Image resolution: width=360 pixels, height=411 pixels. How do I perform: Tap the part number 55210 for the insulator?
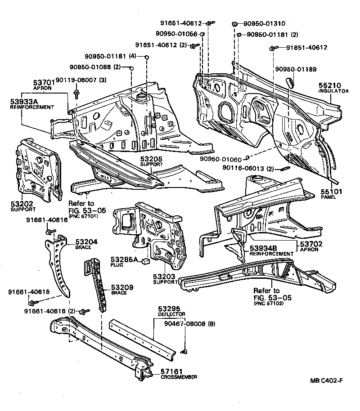(330, 85)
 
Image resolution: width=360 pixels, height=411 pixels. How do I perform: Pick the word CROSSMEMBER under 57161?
(179, 377)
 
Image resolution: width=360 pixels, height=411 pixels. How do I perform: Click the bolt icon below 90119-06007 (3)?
(76, 93)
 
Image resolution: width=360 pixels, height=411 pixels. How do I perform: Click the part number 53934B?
(265, 248)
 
